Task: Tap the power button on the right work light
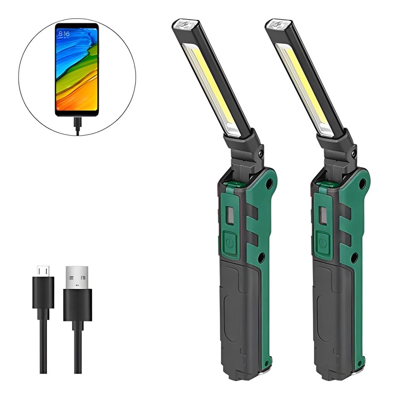[323, 243]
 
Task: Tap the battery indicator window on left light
[230, 215]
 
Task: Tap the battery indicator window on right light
[323, 215]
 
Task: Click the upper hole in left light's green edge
[269, 184]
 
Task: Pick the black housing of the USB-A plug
[77, 304]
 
